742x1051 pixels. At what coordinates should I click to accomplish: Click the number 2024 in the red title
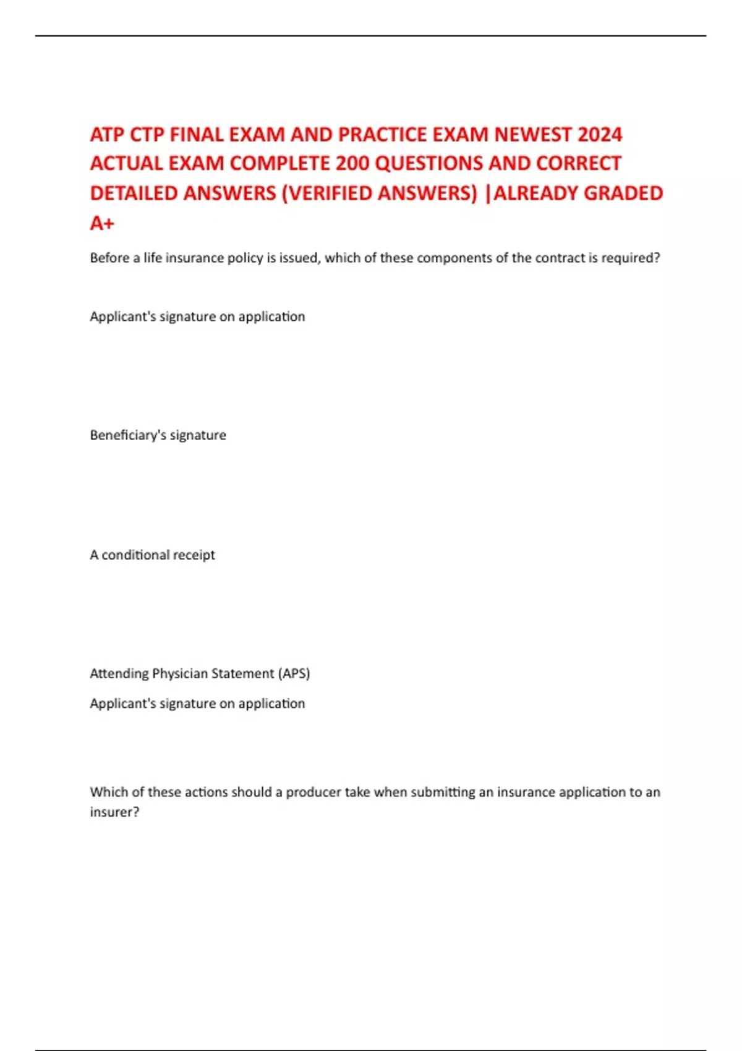[600, 135]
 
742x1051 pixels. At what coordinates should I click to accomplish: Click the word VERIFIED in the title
[330, 194]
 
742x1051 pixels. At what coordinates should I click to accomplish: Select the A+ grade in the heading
[102, 223]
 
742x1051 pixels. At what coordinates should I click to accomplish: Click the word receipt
[194, 555]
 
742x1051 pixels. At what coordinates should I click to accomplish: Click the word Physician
[180, 673]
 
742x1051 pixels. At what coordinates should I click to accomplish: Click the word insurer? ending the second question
[114, 812]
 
